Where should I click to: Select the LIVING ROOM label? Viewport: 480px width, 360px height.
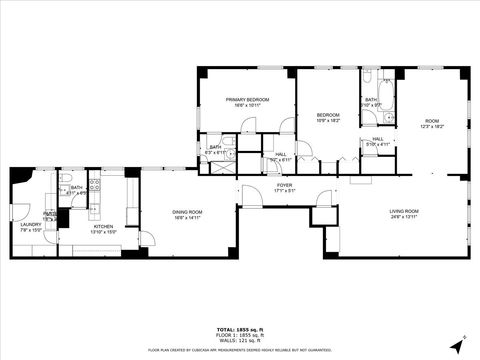(404, 211)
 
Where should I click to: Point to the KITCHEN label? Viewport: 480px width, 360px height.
(104, 226)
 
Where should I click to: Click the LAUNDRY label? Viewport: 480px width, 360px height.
(31, 225)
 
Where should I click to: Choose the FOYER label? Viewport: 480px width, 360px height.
(284, 185)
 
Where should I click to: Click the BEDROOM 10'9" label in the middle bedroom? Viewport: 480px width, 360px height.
(328, 116)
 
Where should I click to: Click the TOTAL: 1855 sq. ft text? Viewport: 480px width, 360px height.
(239, 329)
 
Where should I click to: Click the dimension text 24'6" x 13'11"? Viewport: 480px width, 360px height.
(404, 217)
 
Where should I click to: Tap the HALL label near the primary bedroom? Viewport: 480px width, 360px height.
(281, 154)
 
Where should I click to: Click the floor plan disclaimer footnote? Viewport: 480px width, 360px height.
(239, 351)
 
